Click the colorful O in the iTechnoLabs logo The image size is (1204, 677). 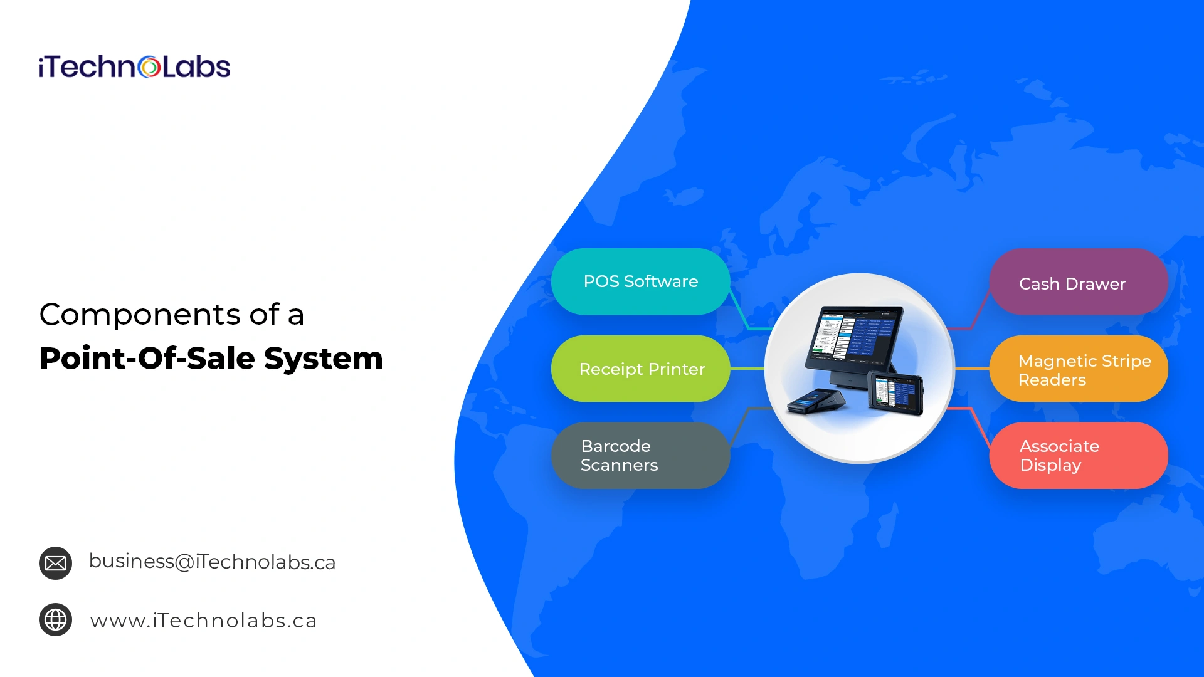pyautogui.click(x=149, y=67)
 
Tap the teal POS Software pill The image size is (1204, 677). pyautogui.click(x=640, y=281)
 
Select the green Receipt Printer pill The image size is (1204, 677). pyautogui.click(x=640, y=369)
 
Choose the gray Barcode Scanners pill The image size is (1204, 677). pyautogui.click(x=640, y=456)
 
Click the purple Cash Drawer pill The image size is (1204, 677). pyautogui.click(x=1079, y=281)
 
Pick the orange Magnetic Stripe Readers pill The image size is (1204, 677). pyautogui.click(x=1079, y=369)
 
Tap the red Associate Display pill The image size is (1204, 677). pyautogui.click(x=1079, y=456)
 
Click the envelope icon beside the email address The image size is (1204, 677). pyautogui.click(x=55, y=563)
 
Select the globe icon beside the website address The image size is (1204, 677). pyautogui.click(x=55, y=620)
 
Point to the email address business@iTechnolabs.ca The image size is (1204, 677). pyautogui.click(x=212, y=562)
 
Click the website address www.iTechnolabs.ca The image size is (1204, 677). pyautogui.click(x=203, y=621)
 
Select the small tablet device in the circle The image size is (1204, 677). pyautogui.click(x=895, y=393)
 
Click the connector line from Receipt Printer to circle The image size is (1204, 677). pyautogui.click(x=747, y=369)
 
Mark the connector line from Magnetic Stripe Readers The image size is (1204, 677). pyautogui.click(x=972, y=369)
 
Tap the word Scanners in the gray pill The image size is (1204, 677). pyautogui.click(x=619, y=465)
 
